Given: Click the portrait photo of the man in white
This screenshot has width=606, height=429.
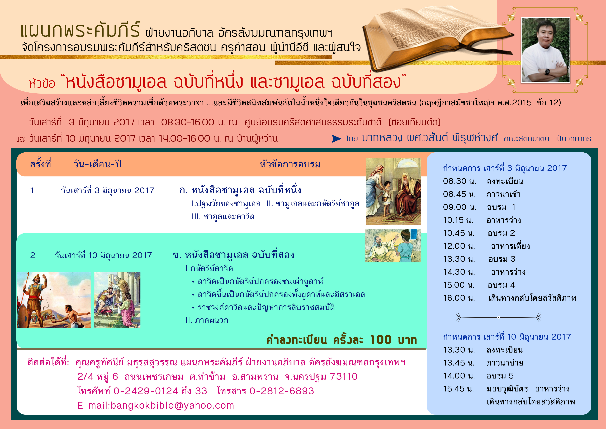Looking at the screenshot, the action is point(546,50).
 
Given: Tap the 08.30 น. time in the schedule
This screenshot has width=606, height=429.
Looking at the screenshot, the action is point(460,181).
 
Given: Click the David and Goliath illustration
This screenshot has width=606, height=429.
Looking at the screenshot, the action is point(54,300).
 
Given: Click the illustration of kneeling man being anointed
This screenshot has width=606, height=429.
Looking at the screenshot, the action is point(117,300).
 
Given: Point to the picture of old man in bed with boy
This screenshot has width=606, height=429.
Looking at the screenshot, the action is point(393,246).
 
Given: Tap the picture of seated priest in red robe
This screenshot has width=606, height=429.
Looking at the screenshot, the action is point(393,191).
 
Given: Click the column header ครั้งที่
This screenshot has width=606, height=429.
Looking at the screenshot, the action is point(40,164).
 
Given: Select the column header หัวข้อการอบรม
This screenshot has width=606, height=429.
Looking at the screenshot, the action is point(290,164).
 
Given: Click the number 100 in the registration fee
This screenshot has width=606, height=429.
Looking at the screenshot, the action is point(380,339).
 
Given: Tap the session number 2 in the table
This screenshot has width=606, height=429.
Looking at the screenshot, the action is point(32,255).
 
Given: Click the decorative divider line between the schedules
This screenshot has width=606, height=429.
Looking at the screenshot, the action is point(498,317).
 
